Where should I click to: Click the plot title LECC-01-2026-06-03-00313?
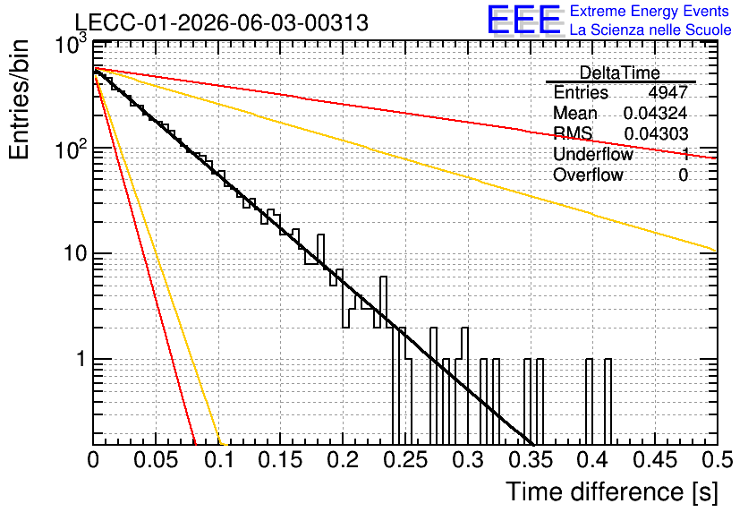click(222, 22)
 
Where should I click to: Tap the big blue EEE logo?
click(524, 20)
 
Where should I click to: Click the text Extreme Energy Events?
click(650, 11)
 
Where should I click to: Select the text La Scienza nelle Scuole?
click(650, 30)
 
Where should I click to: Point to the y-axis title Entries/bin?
click(19, 99)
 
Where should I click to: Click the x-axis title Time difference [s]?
click(612, 491)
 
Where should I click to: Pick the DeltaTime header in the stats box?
click(620, 73)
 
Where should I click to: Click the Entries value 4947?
click(667, 92)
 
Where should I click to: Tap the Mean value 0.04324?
click(655, 113)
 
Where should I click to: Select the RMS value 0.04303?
click(656, 133)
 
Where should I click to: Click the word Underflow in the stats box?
click(593, 154)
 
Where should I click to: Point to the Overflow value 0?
click(683, 175)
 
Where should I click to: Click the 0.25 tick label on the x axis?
click(406, 460)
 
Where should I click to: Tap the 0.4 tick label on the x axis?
click(592, 460)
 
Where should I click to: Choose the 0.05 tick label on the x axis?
click(156, 460)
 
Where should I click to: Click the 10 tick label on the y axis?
click(76, 253)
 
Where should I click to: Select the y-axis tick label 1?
click(81, 359)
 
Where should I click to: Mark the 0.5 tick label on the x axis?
click(718, 460)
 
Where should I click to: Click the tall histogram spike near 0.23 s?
click(383, 302)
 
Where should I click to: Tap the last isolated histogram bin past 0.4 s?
click(608, 401)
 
